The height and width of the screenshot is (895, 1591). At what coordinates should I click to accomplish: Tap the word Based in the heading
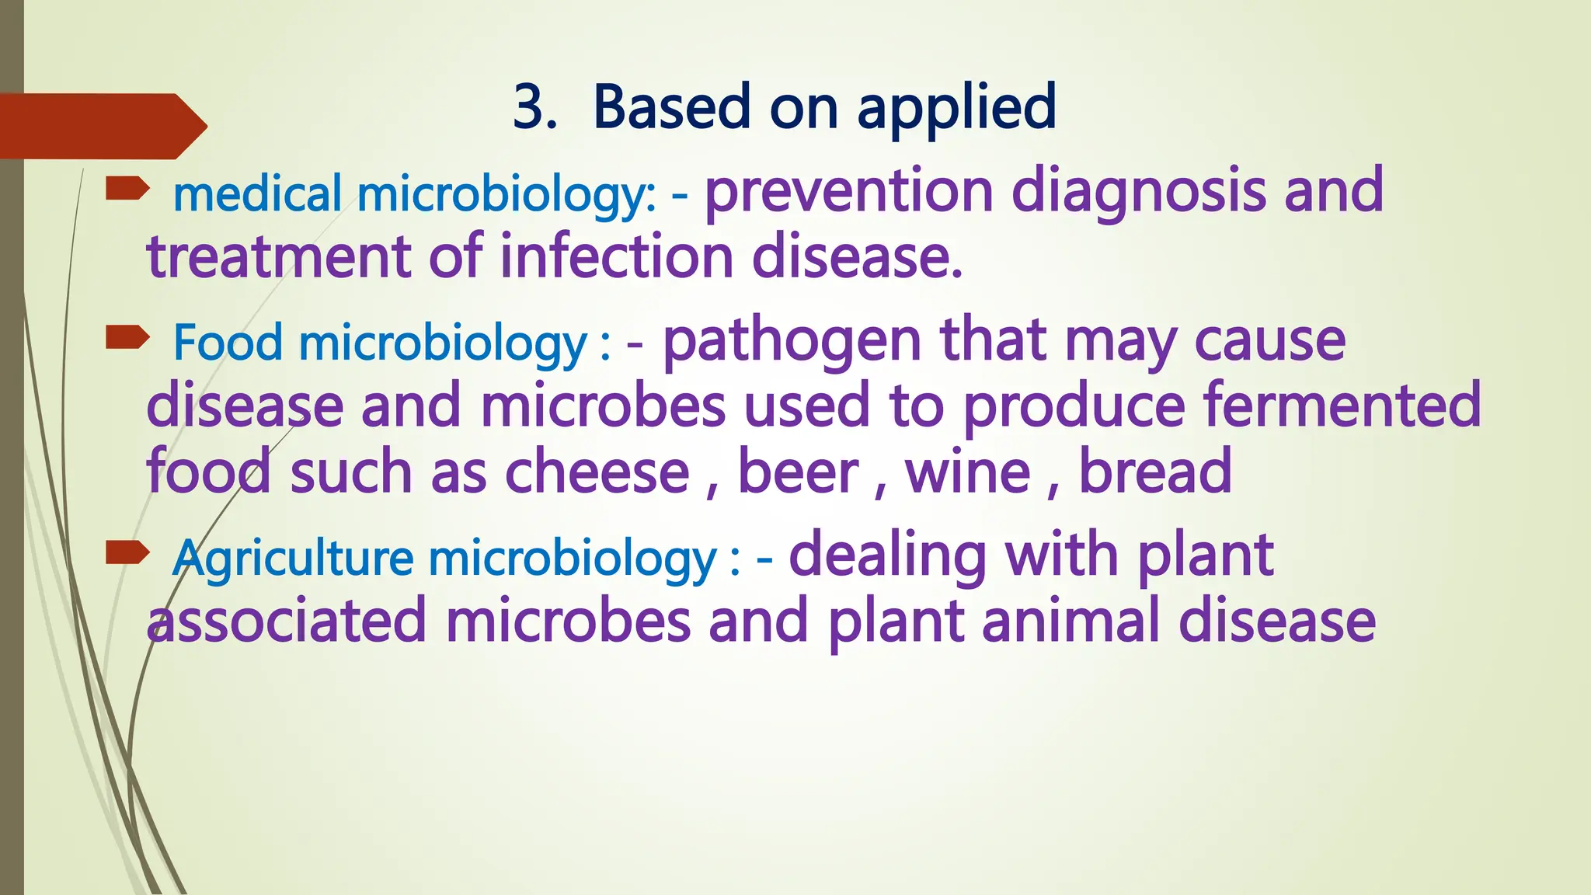pyautogui.click(x=672, y=107)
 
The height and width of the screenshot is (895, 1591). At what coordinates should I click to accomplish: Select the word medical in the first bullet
pyautogui.click(x=257, y=194)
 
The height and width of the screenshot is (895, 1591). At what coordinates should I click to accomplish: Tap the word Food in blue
pyautogui.click(x=227, y=343)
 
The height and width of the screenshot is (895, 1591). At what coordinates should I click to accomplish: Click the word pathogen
pyautogui.click(x=792, y=342)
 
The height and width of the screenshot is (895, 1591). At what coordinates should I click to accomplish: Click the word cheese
pyautogui.click(x=597, y=472)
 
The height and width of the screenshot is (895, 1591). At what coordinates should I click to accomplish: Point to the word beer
pyautogui.click(x=798, y=472)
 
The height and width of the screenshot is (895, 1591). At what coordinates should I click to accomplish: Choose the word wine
pyautogui.click(x=968, y=472)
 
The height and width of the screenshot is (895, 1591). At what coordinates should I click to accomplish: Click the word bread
pyautogui.click(x=1155, y=472)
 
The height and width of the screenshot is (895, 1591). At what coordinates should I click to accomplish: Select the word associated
pyautogui.click(x=287, y=622)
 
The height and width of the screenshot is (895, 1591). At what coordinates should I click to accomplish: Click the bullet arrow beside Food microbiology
pyautogui.click(x=127, y=337)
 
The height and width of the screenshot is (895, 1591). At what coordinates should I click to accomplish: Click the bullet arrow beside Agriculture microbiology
pyautogui.click(x=127, y=552)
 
